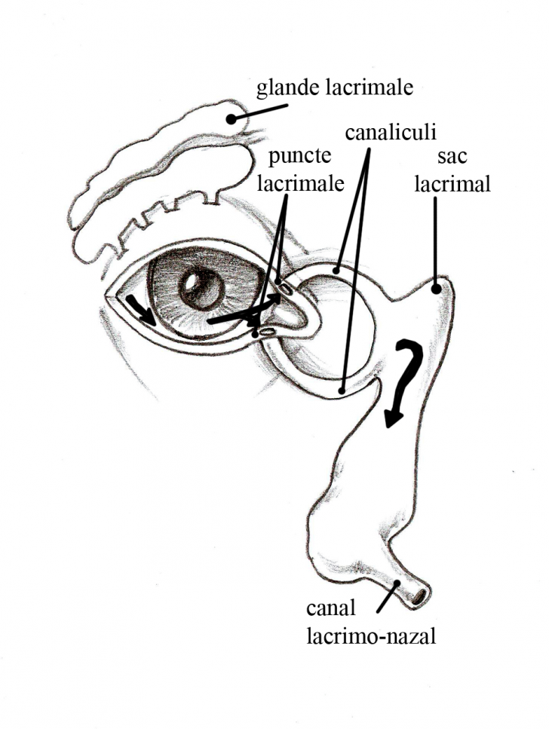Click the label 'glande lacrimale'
tap(335, 88)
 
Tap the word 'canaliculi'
tap(391, 133)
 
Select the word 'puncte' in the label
tap(299, 157)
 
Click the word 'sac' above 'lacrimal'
tap(452, 157)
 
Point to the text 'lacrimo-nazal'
tap(371, 636)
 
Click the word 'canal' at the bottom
tap(331, 608)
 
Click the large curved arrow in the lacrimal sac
tap(404, 380)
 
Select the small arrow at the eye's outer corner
tap(142, 309)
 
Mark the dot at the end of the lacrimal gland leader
tap(231, 119)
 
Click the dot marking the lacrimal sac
tap(436, 289)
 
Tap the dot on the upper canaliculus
tap(337, 269)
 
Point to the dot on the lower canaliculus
tap(342, 391)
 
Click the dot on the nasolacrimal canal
tap(397, 583)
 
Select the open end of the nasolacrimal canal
tap(419, 596)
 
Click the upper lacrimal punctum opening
tap(286, 289)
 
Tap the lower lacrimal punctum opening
tap(267, 331)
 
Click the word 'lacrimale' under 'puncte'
tap(301, 184)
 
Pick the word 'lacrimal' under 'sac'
tap(452, 184)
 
